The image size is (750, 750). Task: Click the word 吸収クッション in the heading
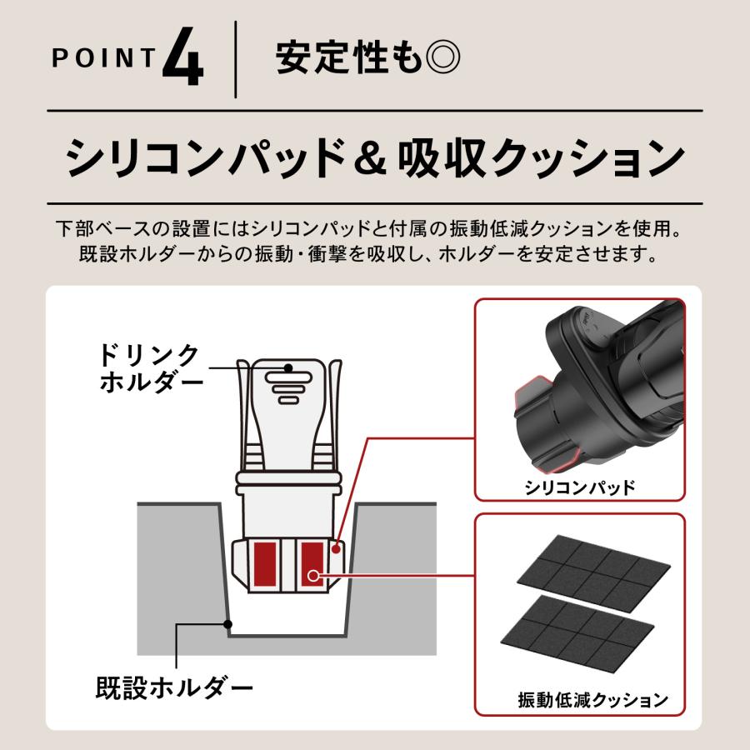(545, 157)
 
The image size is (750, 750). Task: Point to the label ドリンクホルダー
(150, 368)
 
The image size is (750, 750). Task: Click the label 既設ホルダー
(174, 688)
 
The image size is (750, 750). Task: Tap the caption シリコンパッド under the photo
(578, 487)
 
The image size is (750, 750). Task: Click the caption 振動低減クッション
(592, 701)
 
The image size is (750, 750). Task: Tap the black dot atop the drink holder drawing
(287, 367)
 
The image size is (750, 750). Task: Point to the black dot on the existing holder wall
(228, 622)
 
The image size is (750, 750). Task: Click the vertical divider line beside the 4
(236, 60)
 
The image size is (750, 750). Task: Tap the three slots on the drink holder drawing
(287, 387)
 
